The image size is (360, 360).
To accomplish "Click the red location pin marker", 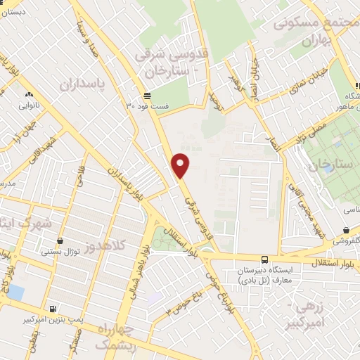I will tap(181, 165).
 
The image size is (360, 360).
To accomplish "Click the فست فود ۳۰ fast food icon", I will tap(146, 96).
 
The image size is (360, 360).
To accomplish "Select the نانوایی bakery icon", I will tap(29, 94).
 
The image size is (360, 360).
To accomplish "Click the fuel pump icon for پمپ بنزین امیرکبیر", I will tap(53, 308).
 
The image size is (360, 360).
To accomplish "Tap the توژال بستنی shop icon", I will tap(64, 240).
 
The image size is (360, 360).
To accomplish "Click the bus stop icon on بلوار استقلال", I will tap(264, 259).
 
